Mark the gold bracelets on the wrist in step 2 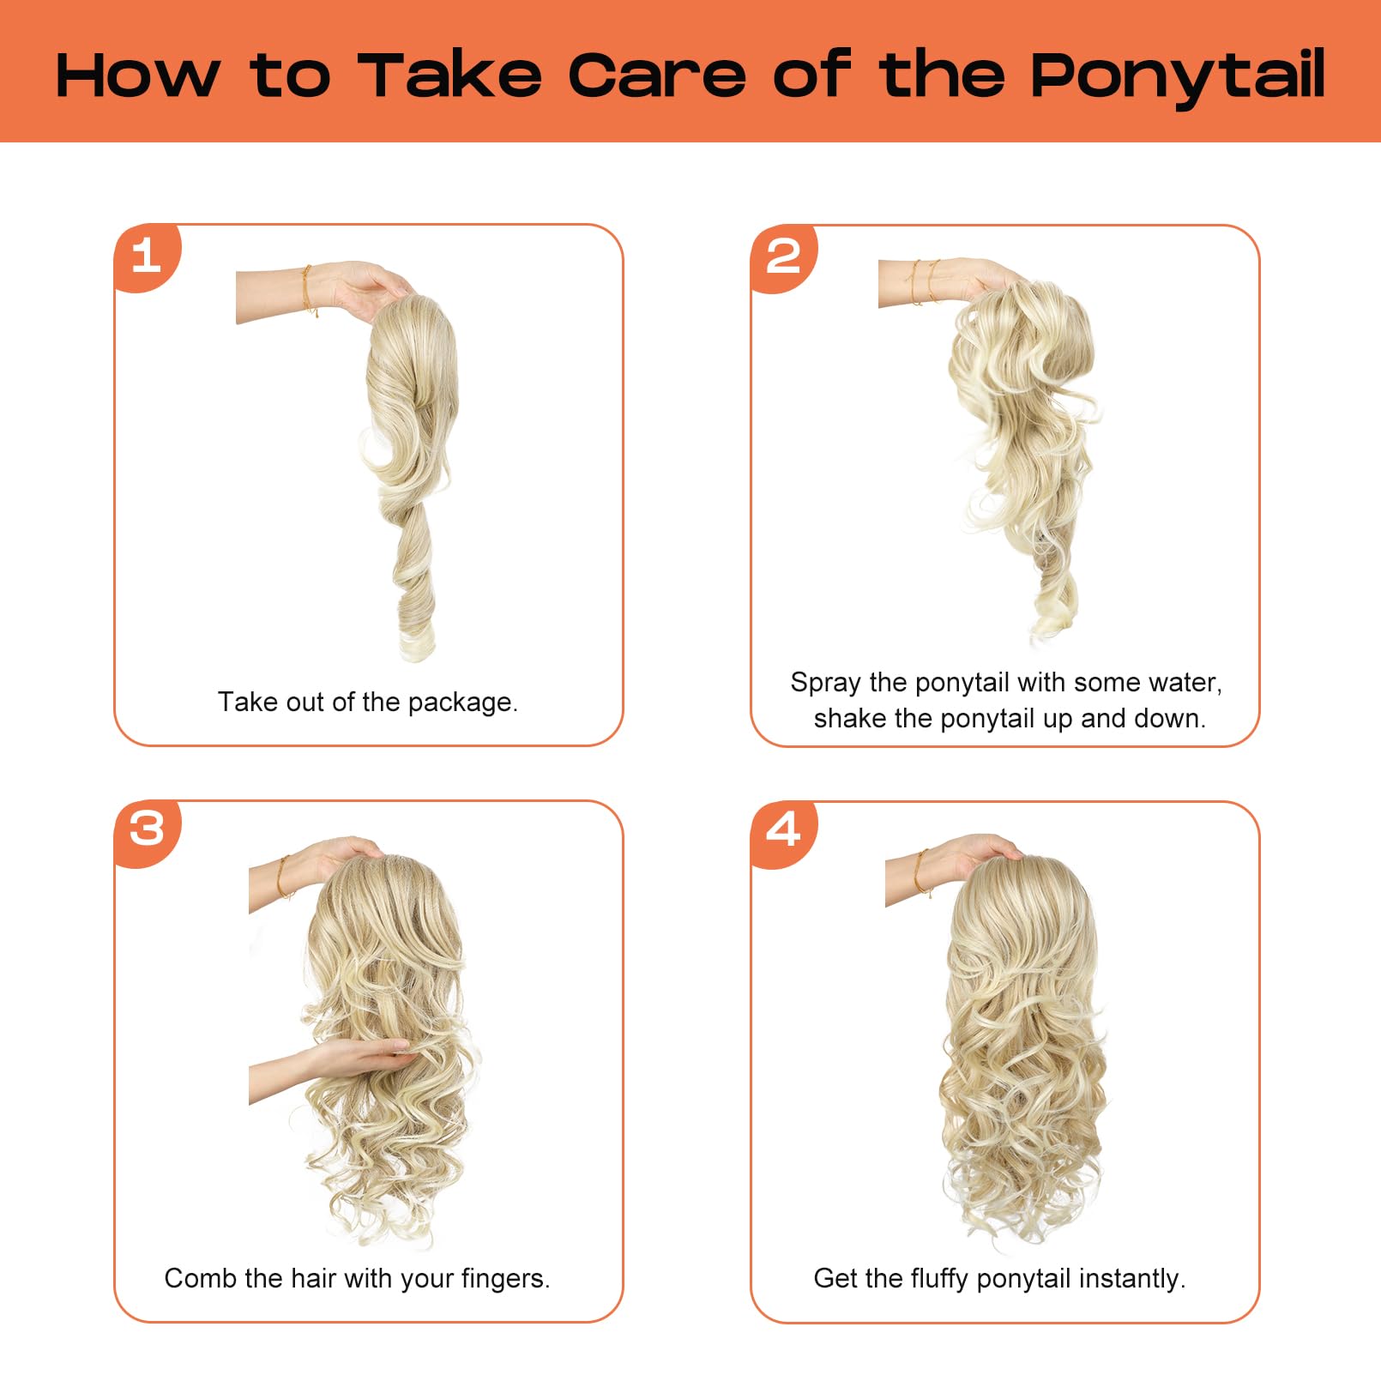click(x=924, y=280)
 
